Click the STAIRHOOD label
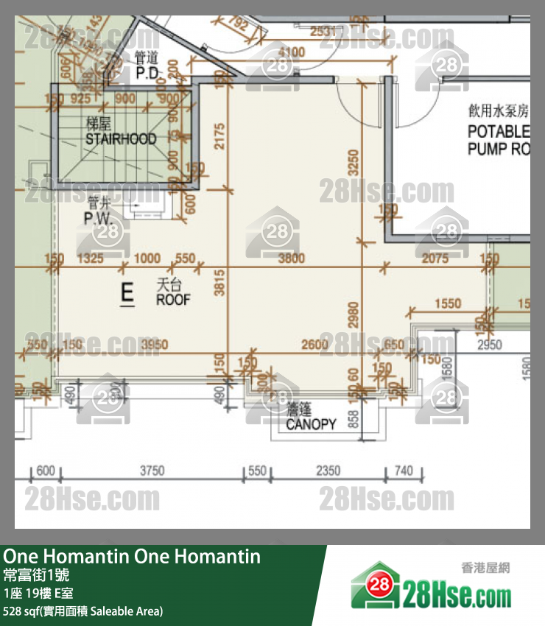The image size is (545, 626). point(121,138)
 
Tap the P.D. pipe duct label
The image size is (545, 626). point(147,73)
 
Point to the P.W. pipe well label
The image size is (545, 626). point(97,218)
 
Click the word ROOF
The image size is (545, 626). point(173,300)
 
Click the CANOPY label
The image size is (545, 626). point(311,424)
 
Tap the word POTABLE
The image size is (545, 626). point(499,132)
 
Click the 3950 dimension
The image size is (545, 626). point(154,344)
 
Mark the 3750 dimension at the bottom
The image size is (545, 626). point(152,471)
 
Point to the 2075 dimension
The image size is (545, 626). point(436,259)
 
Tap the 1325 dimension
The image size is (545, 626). point(90,259)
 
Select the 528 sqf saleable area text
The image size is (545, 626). point(82,611)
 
